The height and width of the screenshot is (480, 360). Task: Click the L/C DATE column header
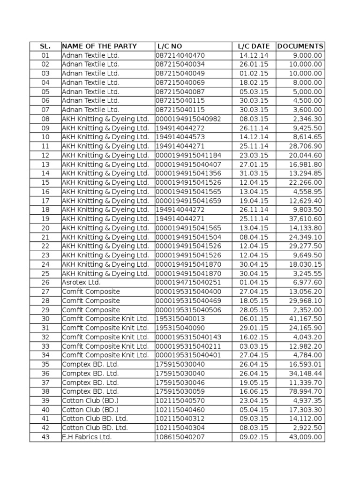(x=254, y=46)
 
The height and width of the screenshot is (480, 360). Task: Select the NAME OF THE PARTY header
(x=99, y=46)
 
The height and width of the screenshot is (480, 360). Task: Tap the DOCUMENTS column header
(x=300, y=46)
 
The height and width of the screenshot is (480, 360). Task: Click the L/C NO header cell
(x=169, y=46)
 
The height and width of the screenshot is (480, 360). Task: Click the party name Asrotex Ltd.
(x=81, y=283)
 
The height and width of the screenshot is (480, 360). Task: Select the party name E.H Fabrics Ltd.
(x=87, y=437)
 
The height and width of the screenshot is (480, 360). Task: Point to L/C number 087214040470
(x=180, y=55)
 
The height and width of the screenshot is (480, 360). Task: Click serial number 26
(x=45, y=283)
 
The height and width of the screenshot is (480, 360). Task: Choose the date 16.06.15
(x=254, y=392)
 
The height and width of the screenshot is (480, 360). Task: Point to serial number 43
(x=45, y=437)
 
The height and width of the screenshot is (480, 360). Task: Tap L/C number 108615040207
(x=180, y=437)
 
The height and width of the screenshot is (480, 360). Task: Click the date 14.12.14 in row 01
(x=254, y=55)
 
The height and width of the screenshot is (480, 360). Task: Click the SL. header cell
(x=45, y=46)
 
